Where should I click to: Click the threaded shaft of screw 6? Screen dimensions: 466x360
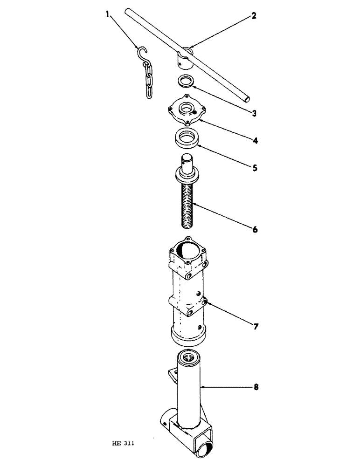click(x=188, y=205)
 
